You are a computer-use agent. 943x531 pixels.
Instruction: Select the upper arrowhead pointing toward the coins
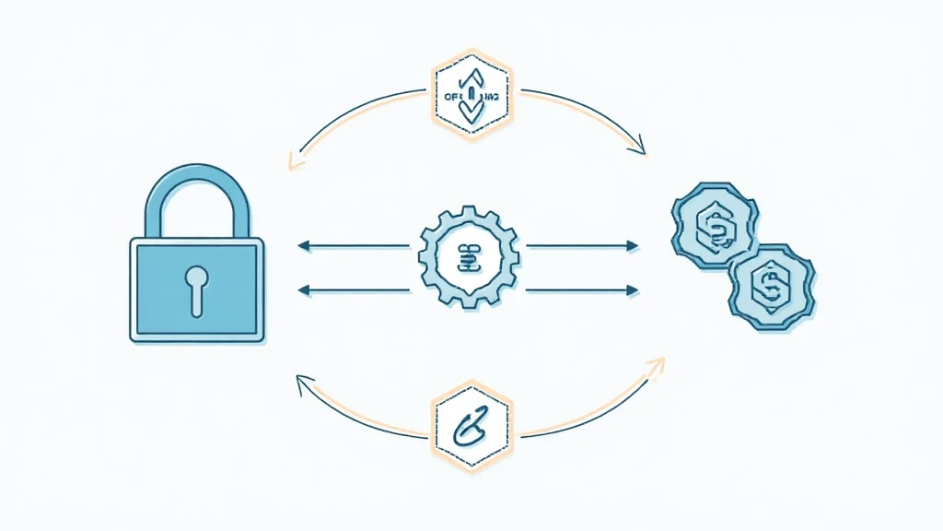(633, 246)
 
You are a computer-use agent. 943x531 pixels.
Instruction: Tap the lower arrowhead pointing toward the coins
(633, 290)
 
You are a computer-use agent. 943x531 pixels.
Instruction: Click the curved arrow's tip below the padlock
(299, 378)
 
